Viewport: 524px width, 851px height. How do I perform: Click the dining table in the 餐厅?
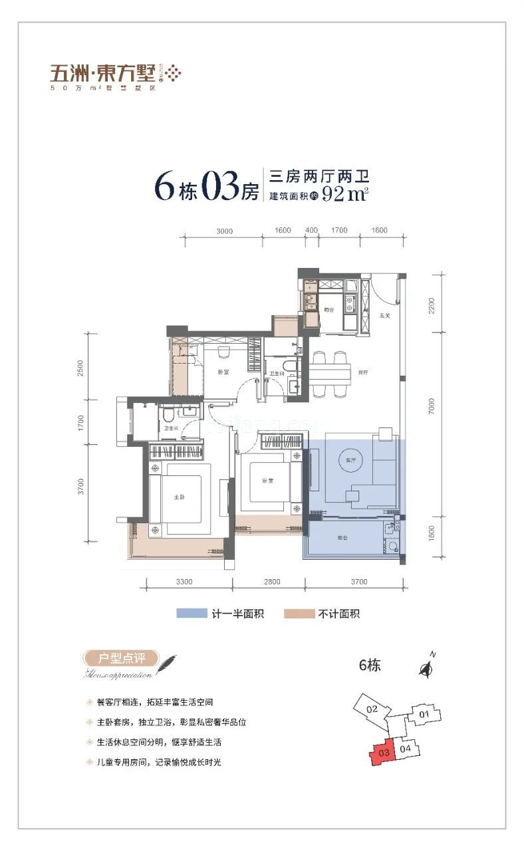[x=330, y=375]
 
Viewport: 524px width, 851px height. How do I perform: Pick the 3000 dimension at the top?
[x=224, y=231]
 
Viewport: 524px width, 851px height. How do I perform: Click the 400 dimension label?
[x=311, y=231]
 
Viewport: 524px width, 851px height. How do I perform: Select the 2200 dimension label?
[x=432, y=306]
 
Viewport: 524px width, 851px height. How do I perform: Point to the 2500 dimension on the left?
[x=80, y=368]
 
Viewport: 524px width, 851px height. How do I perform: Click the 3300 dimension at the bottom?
[x=184, y=582]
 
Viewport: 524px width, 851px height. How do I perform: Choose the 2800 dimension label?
[x=271, y=582]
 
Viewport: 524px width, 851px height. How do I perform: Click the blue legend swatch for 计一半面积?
[x=192, y=614]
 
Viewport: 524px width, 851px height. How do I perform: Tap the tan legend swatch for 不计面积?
[x=299, y=614]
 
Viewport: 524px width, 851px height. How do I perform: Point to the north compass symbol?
[x=426, y=668]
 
